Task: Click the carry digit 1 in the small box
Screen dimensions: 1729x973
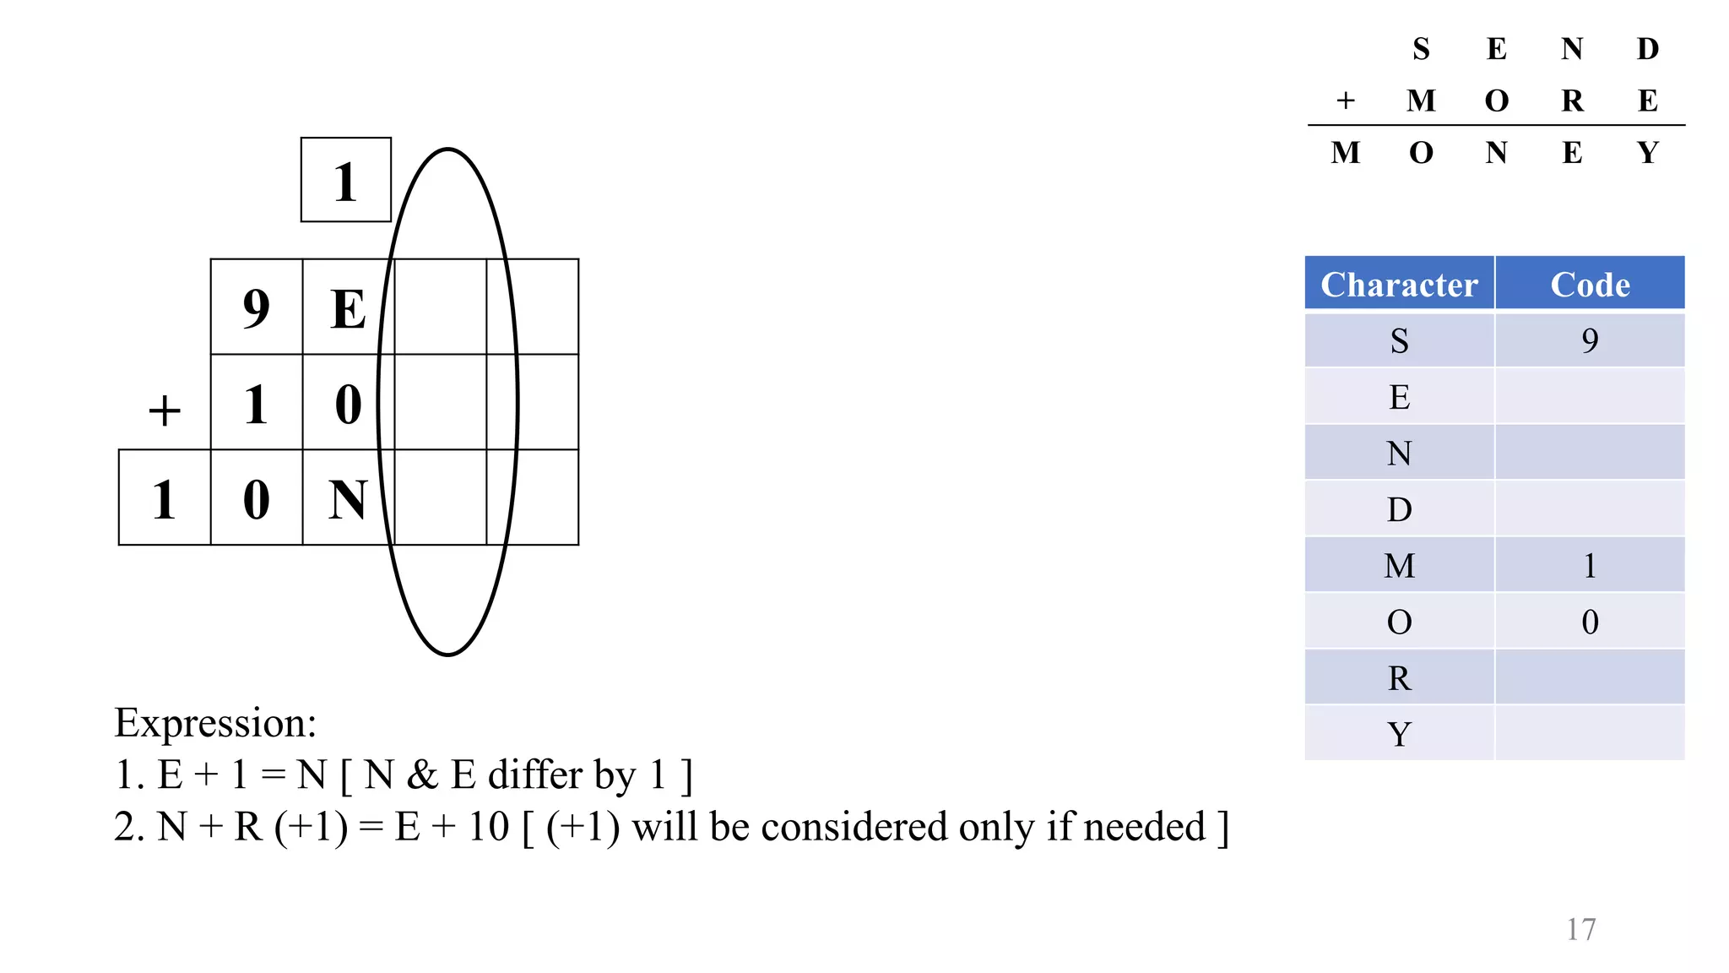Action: (344, 182)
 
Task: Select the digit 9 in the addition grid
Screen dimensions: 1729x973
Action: (256, 308)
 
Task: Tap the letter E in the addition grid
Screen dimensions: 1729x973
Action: (348, 308)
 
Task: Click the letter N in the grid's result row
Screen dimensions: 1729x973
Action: (348, 499)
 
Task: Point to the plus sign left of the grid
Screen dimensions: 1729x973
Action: (165, 411)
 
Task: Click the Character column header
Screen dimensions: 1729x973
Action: (1399, 285)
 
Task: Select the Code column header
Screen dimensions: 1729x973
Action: (1590, 285)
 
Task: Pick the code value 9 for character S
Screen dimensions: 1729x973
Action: (1590, 340)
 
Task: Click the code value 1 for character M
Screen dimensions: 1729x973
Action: (1590, 565)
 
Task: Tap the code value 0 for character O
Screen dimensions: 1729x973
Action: (1590, 622)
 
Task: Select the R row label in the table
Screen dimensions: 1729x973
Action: (1399, 677)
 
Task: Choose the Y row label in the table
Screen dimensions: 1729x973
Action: (1399, 734)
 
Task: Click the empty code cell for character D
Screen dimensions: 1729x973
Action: (1590, 509)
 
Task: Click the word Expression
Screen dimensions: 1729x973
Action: (215, 723)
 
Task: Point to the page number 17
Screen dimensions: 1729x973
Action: (1580, 929)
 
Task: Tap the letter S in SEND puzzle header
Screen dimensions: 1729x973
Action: (1421, 49)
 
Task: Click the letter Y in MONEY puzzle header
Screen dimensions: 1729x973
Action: (1647, 153)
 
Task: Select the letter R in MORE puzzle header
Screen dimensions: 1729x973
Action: (1572, 101)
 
